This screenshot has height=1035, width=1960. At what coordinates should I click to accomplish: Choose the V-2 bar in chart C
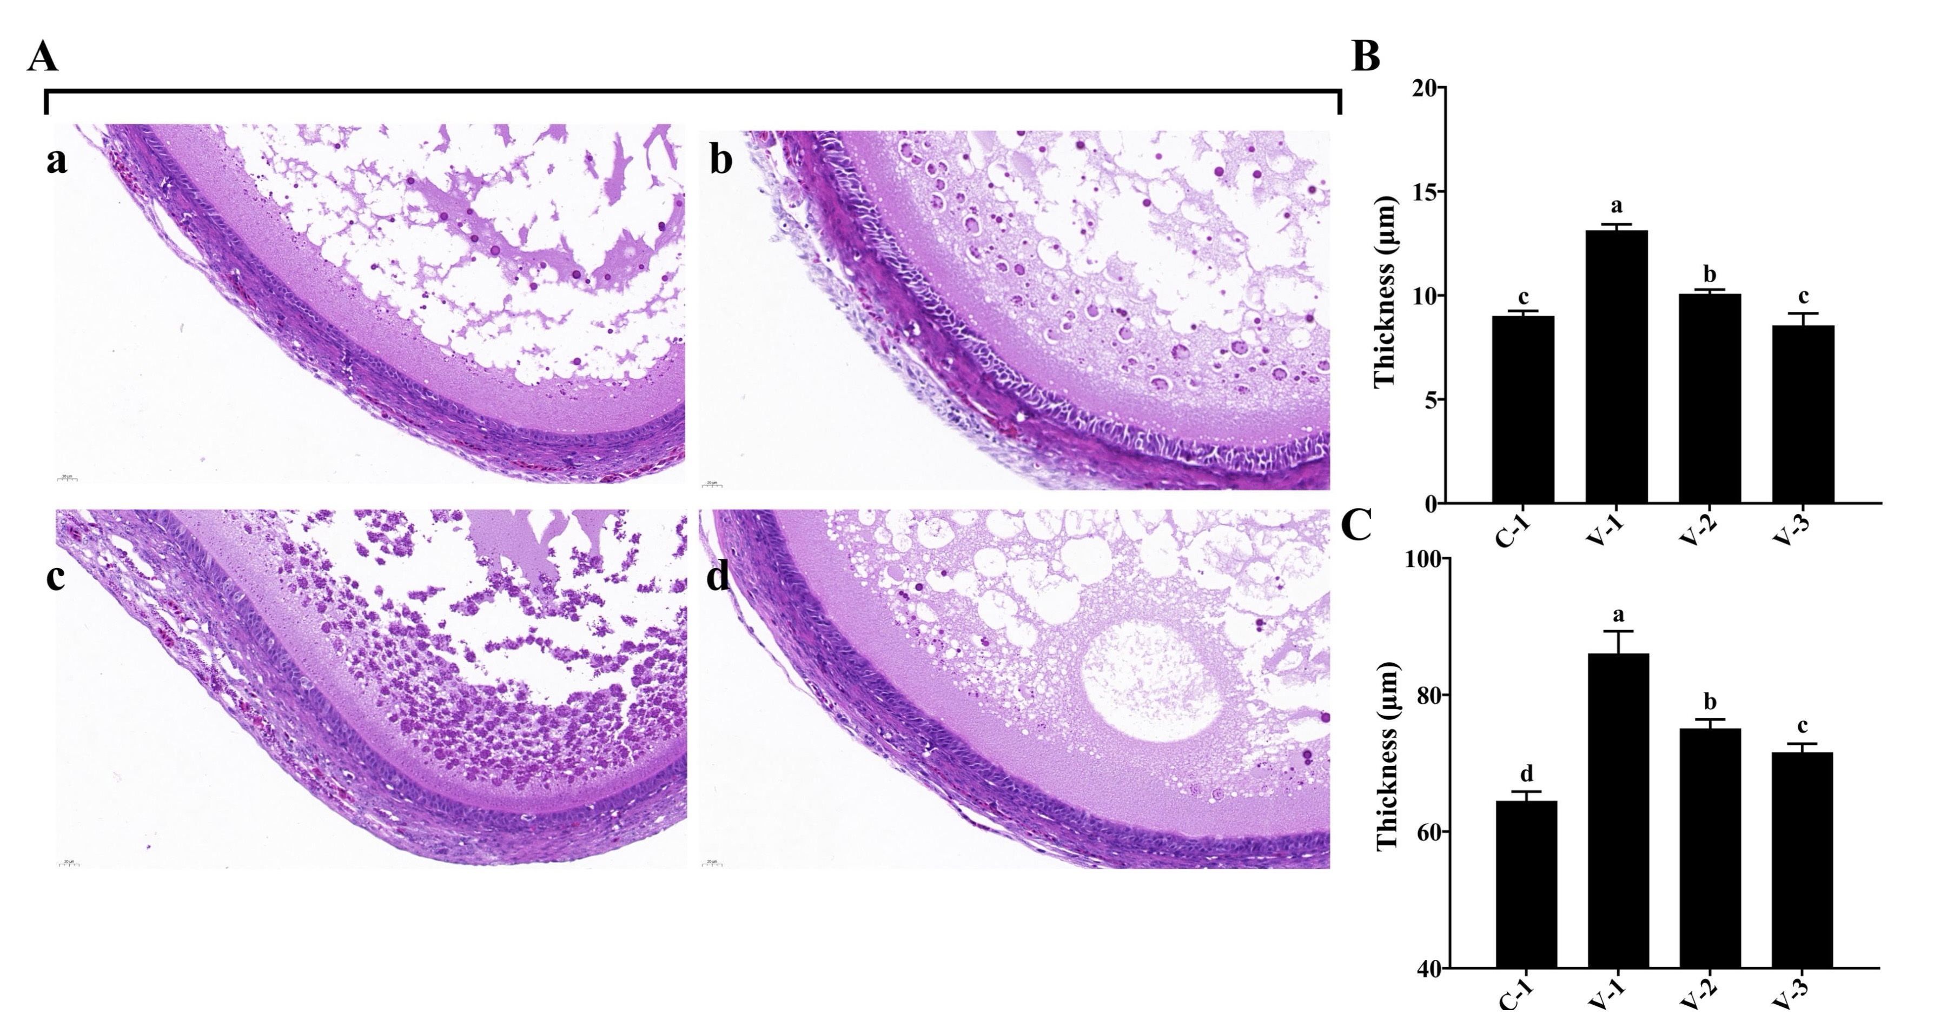1710,848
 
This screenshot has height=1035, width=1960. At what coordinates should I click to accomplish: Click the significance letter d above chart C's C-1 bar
1526,773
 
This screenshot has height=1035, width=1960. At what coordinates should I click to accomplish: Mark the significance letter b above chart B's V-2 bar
1710,275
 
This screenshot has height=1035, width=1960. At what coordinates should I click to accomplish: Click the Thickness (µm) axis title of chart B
1385,293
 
